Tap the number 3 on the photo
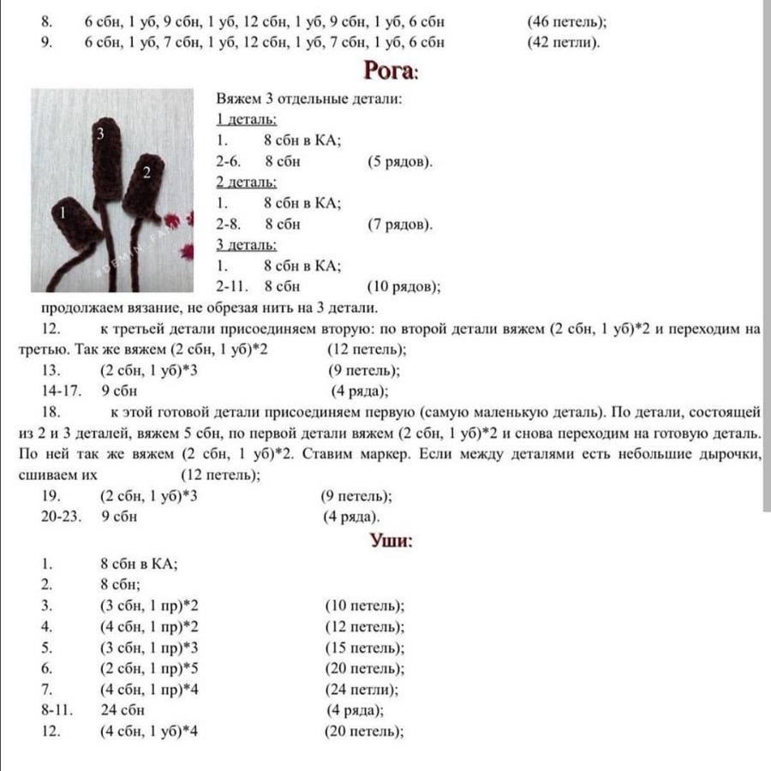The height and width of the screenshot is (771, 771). point(100,133)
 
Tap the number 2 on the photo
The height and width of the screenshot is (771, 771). point(146,172)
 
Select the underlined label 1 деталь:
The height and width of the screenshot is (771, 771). point(246,119)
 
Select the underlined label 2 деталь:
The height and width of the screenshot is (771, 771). point(246,182)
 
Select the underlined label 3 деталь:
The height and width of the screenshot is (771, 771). point(246,246)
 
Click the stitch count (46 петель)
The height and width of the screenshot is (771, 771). point(571,21)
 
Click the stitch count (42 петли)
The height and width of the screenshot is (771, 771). point(564,42)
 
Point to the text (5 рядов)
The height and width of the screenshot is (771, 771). point(400,161)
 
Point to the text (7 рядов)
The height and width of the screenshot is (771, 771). point(400,224)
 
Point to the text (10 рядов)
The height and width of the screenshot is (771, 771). point(403,287)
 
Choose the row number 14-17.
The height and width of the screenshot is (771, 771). point(60,391)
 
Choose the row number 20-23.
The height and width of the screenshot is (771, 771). point(60,517)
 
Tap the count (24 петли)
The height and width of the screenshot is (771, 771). point(362,690)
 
